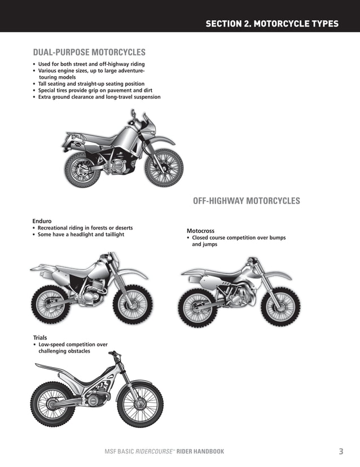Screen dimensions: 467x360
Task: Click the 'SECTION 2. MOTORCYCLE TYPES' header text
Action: click(272, 24)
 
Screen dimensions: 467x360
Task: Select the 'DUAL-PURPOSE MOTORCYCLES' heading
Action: click(89, 52)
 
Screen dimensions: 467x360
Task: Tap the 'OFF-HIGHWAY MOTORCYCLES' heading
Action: click(247, 201)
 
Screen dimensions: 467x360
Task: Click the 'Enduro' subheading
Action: click(42, 221)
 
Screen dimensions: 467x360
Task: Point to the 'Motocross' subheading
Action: click(200, 231)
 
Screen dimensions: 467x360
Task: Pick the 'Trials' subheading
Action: click(40, 337)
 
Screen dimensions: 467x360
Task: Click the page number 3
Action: click(341, 451)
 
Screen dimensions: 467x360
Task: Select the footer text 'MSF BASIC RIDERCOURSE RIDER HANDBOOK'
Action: click(161, 451)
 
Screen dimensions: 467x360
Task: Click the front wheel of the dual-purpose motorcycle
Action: click(164, 168)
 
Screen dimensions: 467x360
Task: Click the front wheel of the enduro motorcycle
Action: click(133, 305)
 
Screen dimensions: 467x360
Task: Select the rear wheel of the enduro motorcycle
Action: click(51, 305)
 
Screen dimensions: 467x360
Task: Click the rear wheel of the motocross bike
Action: click(198, 308)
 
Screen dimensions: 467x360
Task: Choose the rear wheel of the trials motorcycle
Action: click(52, 404)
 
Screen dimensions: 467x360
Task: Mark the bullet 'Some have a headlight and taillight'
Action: click(81, 234)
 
